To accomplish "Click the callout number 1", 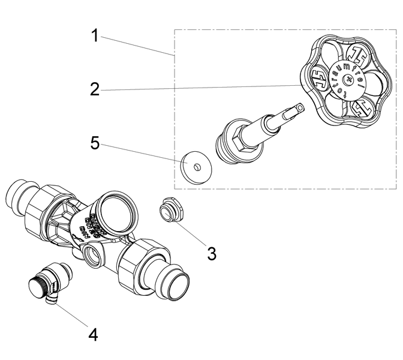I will [95, 35].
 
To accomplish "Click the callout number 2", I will [95, 90].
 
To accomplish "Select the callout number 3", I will [212, 253].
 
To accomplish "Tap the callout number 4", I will [93, 334].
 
